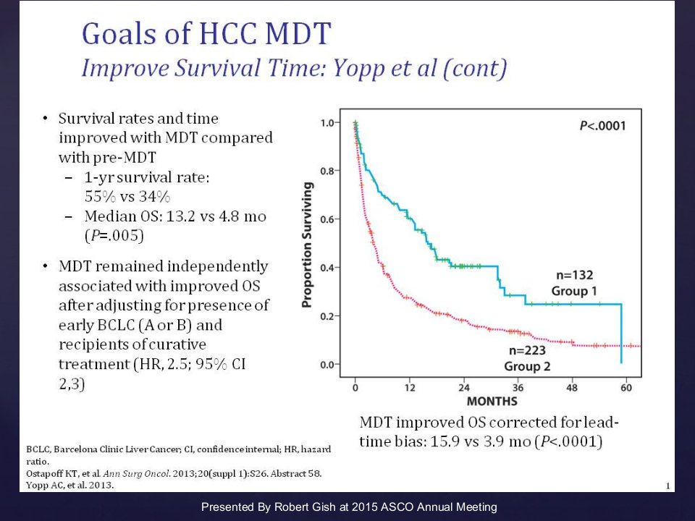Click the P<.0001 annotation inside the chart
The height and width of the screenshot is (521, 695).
[x=603, y=126]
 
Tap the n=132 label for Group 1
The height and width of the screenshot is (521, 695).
[x=574, y=275]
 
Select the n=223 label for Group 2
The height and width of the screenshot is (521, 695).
[x=527, y=350]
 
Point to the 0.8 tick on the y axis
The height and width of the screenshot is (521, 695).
[x=329, y=171]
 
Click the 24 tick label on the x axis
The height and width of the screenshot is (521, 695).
[x=463, y=388]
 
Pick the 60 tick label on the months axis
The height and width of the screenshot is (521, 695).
[x=625, y=388]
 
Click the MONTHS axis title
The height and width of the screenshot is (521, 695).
[x=492, y=402]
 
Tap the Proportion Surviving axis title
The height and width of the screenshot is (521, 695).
[x=307, y=245]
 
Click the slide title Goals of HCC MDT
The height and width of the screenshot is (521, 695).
[x=206, y=34]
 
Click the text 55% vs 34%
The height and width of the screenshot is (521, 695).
[x=127, y=196]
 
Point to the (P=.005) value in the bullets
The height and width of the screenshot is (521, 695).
[x=114, y=235]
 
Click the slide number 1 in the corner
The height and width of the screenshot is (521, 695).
[x=668, y=486]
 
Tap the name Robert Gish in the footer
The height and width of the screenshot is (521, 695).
[x=305, y=507]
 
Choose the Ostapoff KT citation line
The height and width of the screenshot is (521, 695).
[x=174, y=473]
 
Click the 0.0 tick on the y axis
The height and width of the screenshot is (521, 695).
[x=329, y=365]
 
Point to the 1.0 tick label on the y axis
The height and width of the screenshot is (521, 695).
[x=329, y=123]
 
